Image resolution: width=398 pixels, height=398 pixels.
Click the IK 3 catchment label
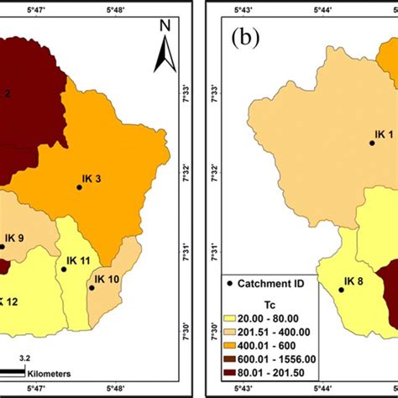click(x=92, y=178)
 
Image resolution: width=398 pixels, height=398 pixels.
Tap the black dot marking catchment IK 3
click(x=79, y=187)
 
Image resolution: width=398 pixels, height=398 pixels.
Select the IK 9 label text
click(x=14, y=238)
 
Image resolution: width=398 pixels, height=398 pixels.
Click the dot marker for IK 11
click(x=65, y=270)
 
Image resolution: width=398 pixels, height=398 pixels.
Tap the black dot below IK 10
click(x=92, y=288)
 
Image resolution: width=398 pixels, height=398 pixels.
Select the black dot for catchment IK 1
click(x=372, y=143)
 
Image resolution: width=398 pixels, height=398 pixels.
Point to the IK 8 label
click(x=354, y=281)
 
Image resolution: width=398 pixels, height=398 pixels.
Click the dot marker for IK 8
click(x=341, y=291)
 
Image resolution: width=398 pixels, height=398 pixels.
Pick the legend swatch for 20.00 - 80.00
click(x=228, y=320)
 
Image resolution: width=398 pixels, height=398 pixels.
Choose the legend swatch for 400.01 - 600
click(x=228, y=345)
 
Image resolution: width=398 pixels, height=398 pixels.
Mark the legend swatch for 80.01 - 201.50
click(x=228, y=369)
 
